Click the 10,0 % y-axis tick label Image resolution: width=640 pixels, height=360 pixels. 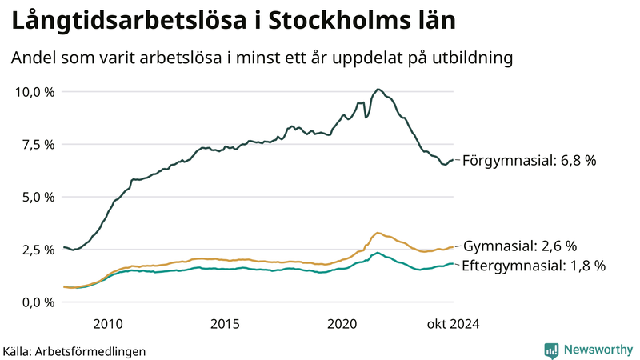click(35, 91)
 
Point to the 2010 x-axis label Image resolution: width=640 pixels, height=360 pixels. click(108, 323)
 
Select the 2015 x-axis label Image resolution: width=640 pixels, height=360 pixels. click(225, 323)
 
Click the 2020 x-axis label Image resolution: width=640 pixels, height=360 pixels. click(342, 323)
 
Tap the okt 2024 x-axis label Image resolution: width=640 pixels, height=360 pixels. click(452, 323)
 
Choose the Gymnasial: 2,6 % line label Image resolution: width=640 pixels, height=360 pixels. click(520, 246)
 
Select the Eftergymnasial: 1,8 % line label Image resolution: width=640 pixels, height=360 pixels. click(534, 266)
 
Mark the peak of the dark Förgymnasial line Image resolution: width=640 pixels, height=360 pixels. click(378, 90)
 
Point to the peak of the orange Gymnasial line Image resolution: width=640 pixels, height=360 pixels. click(378, 233)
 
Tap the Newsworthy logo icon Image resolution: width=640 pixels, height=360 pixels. click(551, 350)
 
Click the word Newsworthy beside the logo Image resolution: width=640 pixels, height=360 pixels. click(597, 350)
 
